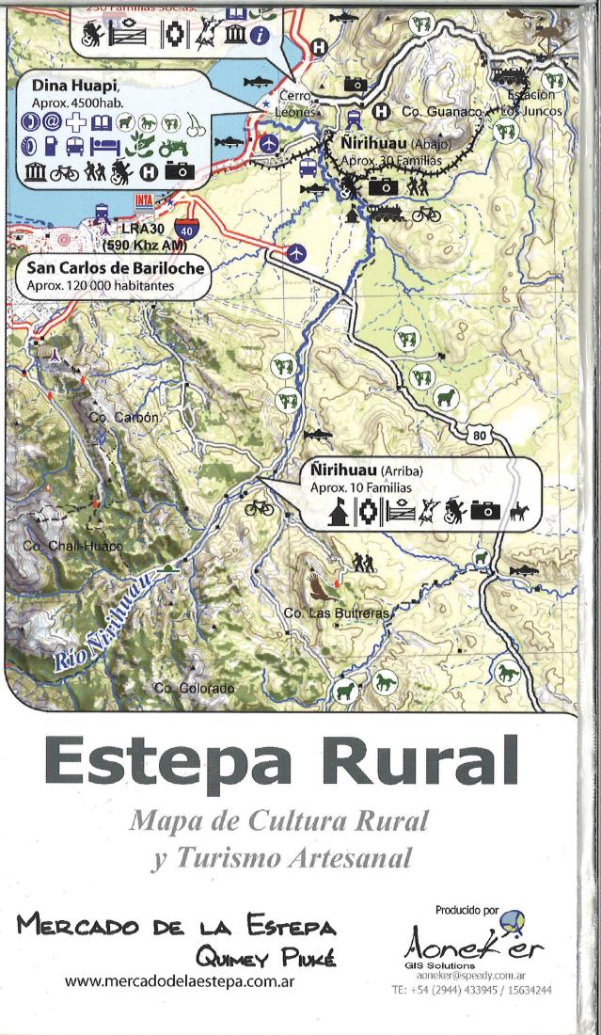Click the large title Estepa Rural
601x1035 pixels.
pos(280,759)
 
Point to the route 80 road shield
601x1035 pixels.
pos(478,435)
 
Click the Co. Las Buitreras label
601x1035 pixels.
pos(335,613)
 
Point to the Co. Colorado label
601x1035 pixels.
pos(194,689)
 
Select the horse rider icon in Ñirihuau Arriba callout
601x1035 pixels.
pos(516,511)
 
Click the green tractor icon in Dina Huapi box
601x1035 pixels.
pos(173,147)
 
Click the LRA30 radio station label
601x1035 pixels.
pos(141,229)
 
